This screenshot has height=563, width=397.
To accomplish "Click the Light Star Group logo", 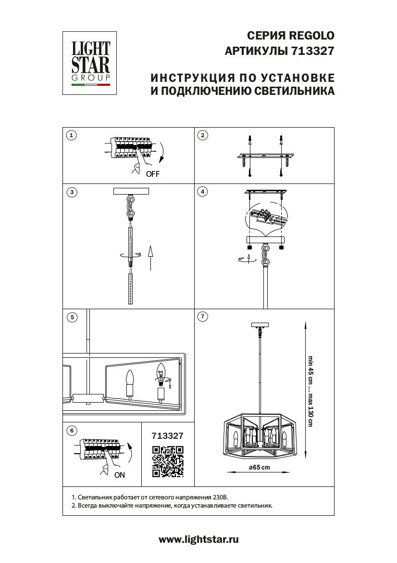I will pyautogui.click(x=91, y=63).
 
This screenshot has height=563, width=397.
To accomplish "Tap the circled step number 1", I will pyautogui.click(x=71, y=135).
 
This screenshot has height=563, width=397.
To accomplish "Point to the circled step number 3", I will pyautogui.click(x=71, y=192).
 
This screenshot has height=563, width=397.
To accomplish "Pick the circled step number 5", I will pyautogui.click(x=71, y=317).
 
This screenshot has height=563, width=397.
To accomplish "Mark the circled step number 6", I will pyautogui.click(x=71, y=431).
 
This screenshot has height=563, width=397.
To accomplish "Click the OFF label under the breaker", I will pyautogui.click(x=152, y=174).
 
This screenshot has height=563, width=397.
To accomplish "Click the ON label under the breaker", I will pyautogui.click(x=120, y=475).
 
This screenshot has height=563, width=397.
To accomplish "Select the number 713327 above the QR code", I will pyautogui.click(x=167, y=436).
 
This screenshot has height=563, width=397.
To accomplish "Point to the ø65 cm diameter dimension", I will pyautogui.click(x=259, y=468).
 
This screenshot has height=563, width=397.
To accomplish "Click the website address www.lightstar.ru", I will pyautogui.click(x=198, y=539).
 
